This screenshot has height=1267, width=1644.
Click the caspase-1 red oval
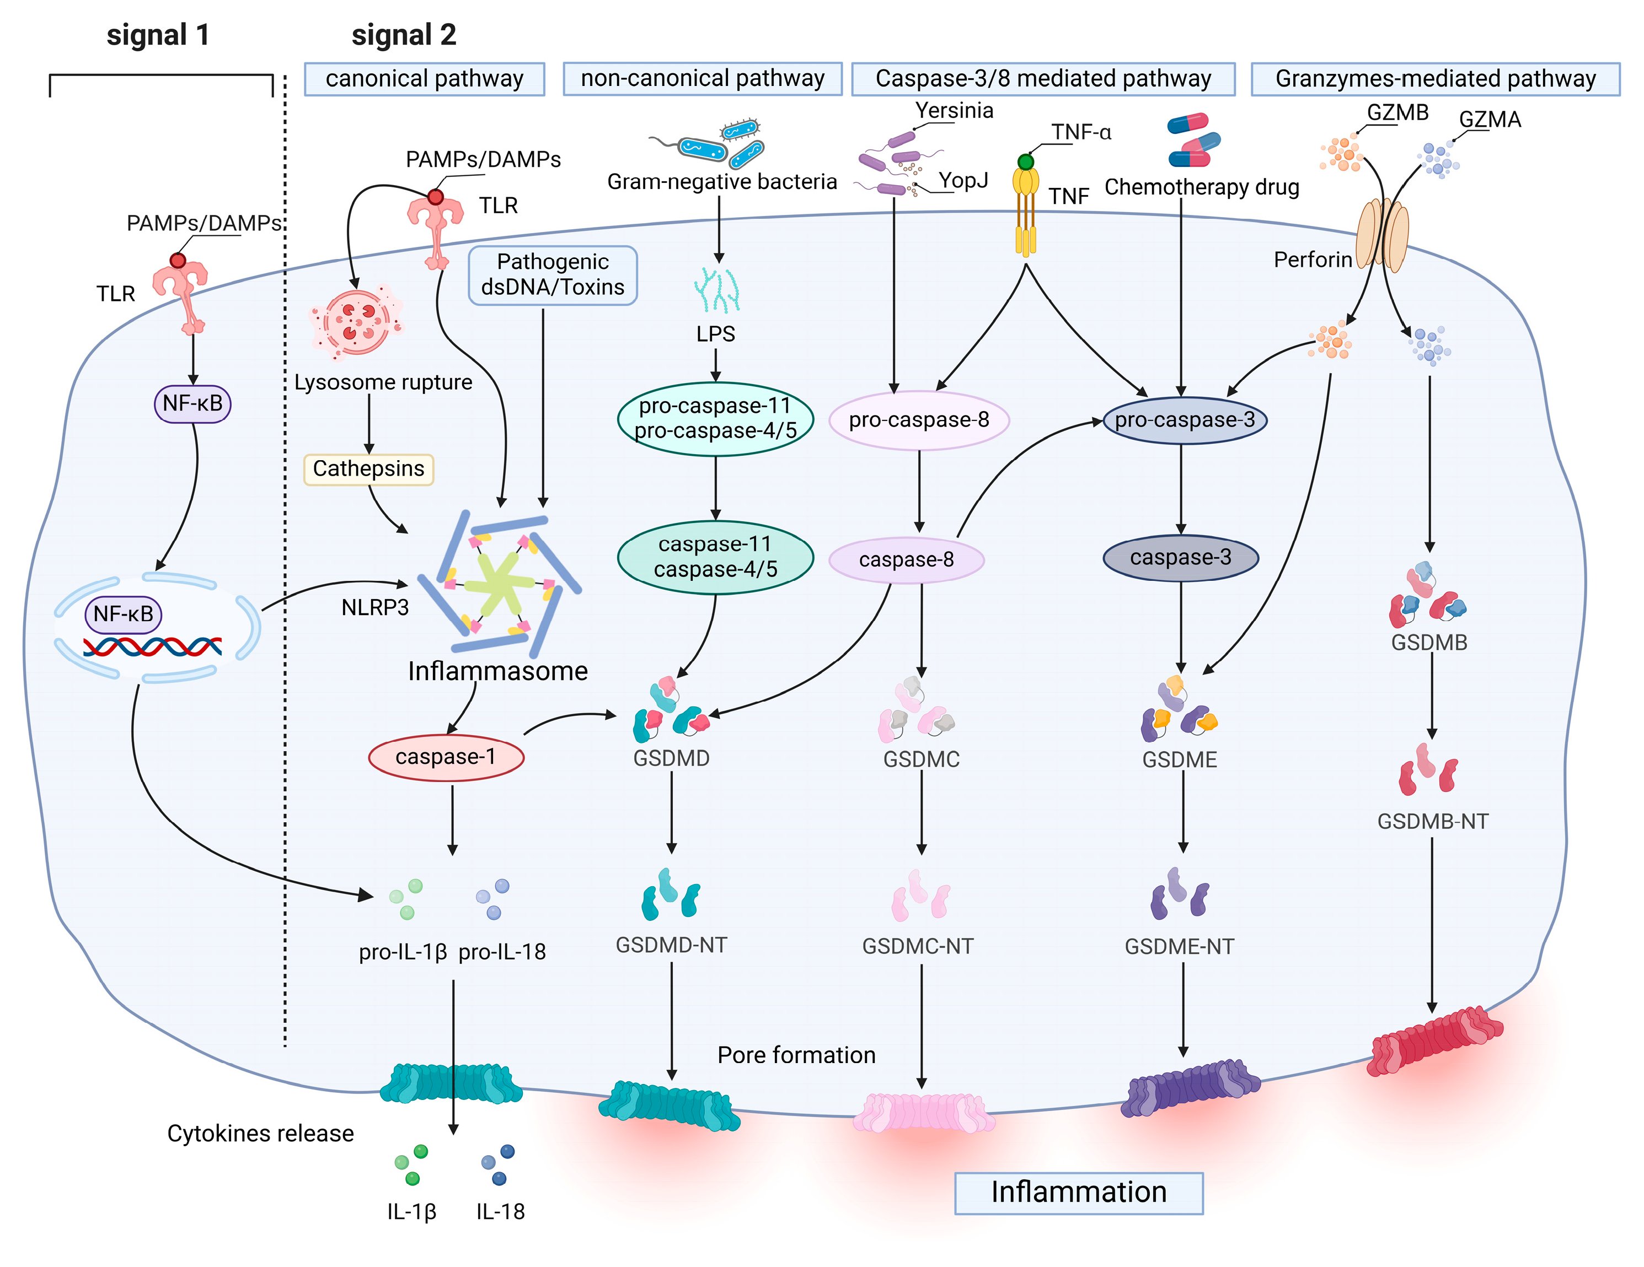(446, 757)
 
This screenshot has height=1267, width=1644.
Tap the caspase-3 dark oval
(1180, 558)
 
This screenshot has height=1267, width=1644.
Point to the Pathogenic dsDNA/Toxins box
(553, 274)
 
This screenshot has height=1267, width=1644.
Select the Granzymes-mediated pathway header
(1435, 78)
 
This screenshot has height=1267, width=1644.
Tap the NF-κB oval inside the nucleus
(122, 614)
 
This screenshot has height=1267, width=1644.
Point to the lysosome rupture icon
(357, 322)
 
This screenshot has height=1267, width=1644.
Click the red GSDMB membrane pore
(1434, 1040)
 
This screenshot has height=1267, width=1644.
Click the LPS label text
(715, 333)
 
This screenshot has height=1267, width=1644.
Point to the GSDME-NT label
(1179, 946)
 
